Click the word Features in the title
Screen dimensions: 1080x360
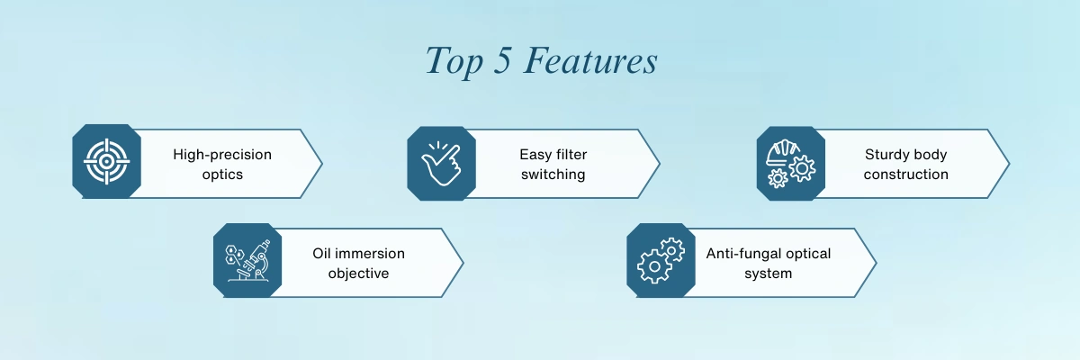[590, 60]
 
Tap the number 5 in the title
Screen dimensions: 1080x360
[502, 60]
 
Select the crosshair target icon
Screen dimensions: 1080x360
[106, 161]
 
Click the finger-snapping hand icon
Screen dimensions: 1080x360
[441, 164]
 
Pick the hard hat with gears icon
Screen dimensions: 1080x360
[791, 164]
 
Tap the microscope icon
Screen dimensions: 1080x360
[247, 260]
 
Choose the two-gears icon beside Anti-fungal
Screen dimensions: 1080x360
[661, 260]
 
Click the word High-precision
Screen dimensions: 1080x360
[222, 155]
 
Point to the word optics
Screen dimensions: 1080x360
[222, 174]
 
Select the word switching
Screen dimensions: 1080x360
[553, 175]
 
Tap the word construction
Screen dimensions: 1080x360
[906, 174]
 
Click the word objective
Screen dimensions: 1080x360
[358, 274]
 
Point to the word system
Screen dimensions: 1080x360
[768, 274]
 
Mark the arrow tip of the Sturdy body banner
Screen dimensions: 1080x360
[1009, 164]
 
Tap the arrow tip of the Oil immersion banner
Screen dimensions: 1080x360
[463, 263]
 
